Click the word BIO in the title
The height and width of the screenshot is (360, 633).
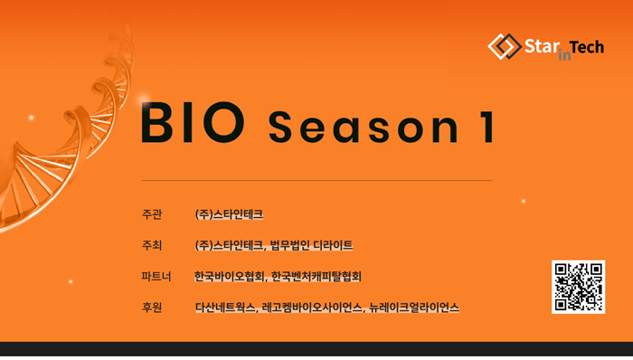tap(193, 123)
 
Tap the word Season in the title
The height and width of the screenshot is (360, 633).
tap(364, 127)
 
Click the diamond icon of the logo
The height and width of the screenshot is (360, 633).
tap(505, 46)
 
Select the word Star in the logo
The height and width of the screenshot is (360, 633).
tap(542, 46)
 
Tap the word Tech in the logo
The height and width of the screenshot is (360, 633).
tap(587, 48)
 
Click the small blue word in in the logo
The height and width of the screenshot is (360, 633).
tap(564, 55)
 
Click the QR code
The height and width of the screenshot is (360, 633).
tap(578, 287)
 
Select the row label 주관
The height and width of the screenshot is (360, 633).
tap(152, 213)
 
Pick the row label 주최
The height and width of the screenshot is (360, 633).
tap(152, 245)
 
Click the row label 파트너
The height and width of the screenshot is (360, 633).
tap(156, 277)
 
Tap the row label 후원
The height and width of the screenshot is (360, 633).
tap(152, 308)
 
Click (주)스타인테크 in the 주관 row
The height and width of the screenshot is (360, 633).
tap(229, 213)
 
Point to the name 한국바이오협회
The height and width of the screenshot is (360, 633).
tap(230, 277)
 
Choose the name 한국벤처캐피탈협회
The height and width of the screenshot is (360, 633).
tap(316, 277)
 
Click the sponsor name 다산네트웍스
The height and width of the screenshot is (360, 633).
tap(225, 308)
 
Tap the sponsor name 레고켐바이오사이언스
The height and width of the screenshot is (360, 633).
tap(312, 308)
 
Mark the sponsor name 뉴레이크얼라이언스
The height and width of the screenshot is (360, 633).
tap(414, 308)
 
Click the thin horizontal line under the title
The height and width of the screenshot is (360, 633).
tap(316, 180)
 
